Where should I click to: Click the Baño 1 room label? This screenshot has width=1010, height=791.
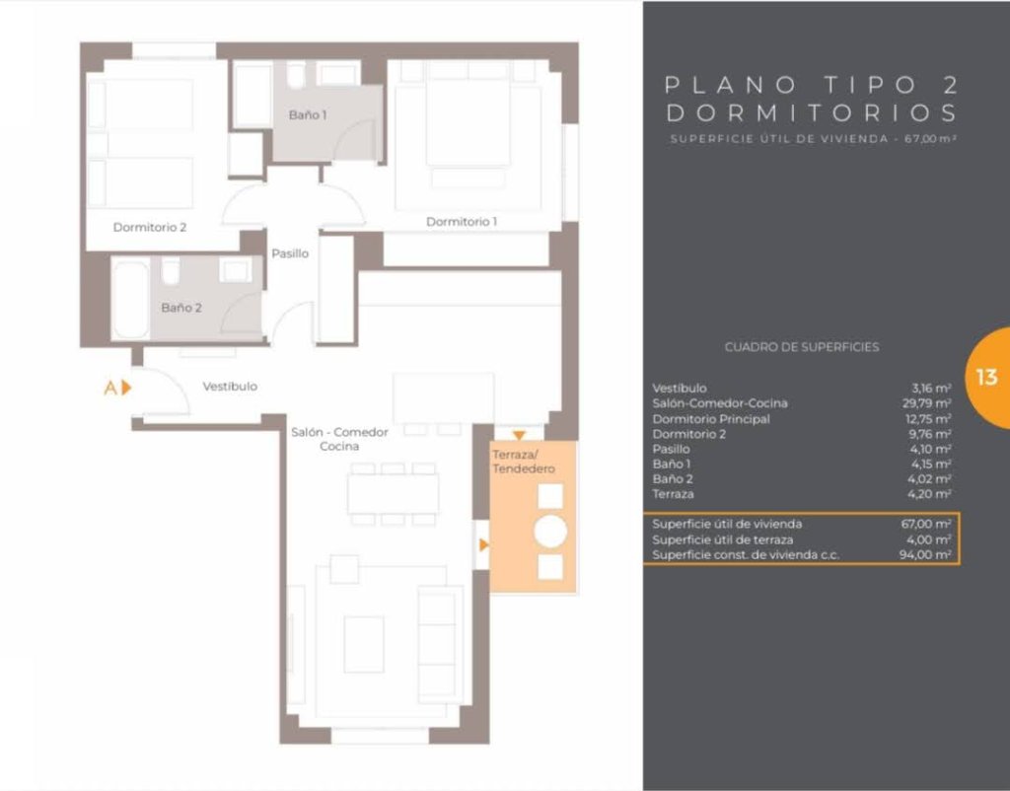click(x=308, y=114)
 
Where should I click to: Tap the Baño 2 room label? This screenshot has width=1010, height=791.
click(x=181, y=308)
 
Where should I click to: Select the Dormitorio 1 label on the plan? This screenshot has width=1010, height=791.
click(x=462, y=222)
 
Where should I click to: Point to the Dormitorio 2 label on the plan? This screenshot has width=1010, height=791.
click(x=150, y=227)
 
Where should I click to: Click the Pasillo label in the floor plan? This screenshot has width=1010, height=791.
click(x=290, y=253)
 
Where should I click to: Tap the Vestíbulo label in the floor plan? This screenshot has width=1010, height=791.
click(x=230, y=386)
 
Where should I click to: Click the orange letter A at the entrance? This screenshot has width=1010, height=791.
click(x=110, y=388)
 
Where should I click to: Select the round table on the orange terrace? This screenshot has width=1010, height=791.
click(x=550, y=532)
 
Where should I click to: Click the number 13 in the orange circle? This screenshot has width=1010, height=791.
click(x=986, y=377)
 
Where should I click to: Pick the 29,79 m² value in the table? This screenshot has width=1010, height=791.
click(x=926, y=403)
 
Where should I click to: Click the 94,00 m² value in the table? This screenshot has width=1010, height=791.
click(x=925, y=554)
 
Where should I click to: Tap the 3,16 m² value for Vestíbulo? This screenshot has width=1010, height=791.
click(x=931, y=388)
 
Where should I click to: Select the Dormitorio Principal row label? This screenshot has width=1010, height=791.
click(x=710, y=419)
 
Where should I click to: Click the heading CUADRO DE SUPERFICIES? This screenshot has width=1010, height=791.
click(x=801, y=346)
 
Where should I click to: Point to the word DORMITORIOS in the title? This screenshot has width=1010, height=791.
click(x=812, y=112)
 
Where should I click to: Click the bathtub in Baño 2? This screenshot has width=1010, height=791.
click(x=130, y=299)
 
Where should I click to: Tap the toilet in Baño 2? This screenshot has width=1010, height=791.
click(x=171, y=270)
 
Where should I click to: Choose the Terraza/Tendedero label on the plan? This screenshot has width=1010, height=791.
click(x=523, y=462)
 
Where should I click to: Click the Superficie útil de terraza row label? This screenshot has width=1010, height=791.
click(x=722, y=539)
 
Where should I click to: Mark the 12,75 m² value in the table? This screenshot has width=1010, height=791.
click(x=928, y=419)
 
